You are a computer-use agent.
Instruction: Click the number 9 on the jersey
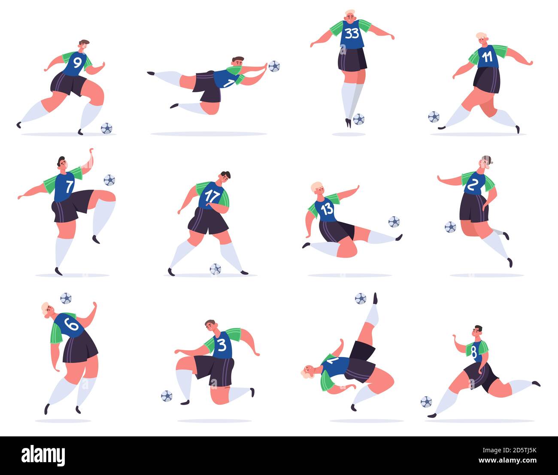(77, 63)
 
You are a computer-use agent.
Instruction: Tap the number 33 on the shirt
(352, 33)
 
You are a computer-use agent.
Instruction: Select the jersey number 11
(487, 57)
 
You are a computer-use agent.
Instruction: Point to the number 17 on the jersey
(212, 196)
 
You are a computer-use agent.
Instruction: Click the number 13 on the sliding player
(327, 209)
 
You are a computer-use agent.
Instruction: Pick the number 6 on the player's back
(71, 325)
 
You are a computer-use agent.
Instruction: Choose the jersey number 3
(221, 345)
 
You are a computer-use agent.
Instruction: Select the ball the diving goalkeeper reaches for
(274, 66)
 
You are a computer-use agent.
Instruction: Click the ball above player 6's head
(66, 298)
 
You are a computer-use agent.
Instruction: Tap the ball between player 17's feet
(215, 269)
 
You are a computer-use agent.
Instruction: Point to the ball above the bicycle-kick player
(360, 298)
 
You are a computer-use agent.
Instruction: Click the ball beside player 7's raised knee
(109, 180)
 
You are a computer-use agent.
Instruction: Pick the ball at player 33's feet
(358, 119)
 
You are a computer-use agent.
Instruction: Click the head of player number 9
(84, 45)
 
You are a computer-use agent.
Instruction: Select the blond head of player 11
(481, 38)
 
